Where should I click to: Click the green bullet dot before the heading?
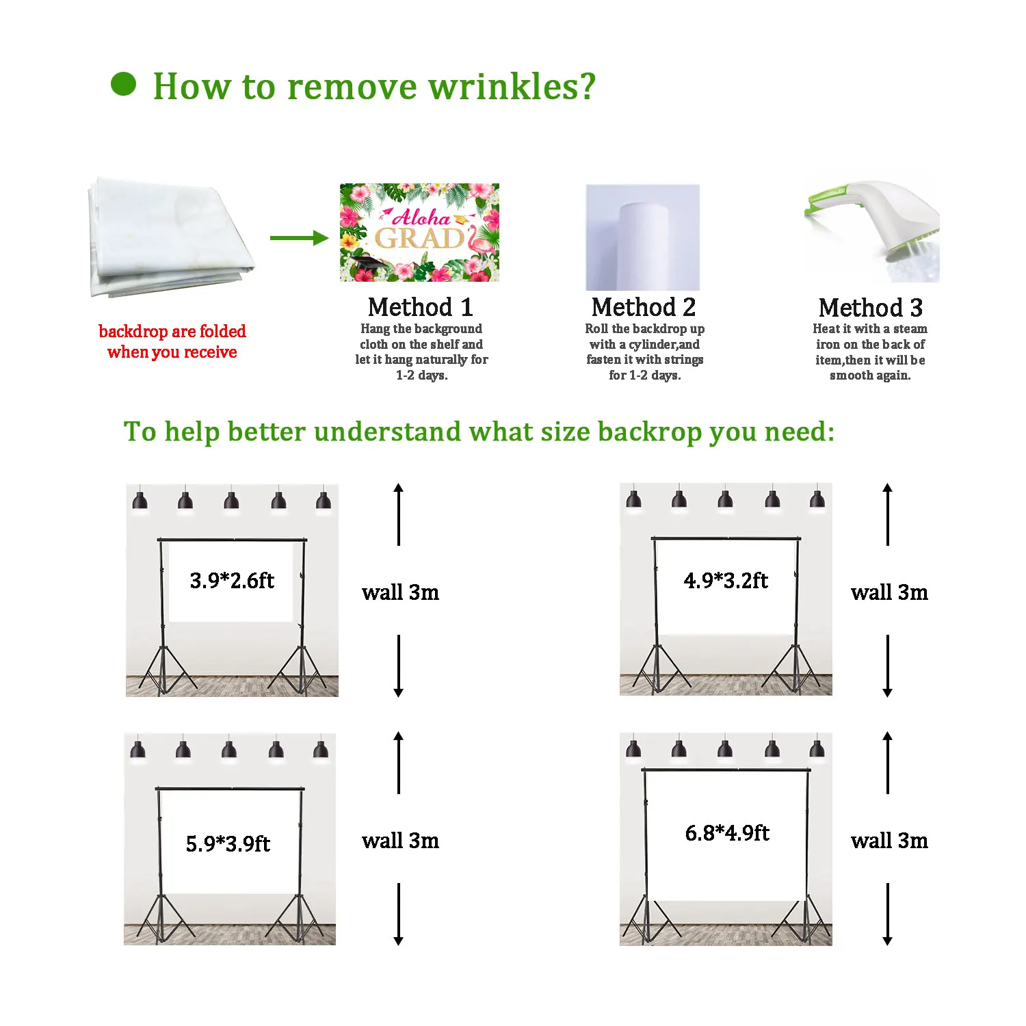pos(123,84)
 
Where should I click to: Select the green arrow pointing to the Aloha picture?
pos(300,238)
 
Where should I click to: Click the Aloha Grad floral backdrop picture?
pos(419,233)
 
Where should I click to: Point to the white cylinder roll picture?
pos(642,237)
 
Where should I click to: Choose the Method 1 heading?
pos(421,307)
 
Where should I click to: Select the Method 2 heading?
pos(644,307)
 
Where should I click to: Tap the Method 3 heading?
pos(871,308)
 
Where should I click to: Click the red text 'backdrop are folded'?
pos(172,332)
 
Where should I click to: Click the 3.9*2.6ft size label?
pos(232,581)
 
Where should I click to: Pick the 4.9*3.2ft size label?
pos(726,581)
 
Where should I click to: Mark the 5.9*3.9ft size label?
pos(228,843)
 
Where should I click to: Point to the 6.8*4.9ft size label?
pos(727,833)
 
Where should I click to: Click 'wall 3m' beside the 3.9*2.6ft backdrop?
pos(400,592)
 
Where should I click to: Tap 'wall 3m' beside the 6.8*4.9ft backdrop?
pos(889,841)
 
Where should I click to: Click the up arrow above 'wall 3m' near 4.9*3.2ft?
pos(888,514)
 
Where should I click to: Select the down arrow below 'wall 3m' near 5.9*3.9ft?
pos(399,915)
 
